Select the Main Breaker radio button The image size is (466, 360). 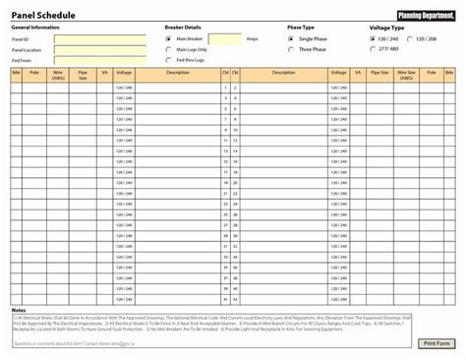[x=168, y=38]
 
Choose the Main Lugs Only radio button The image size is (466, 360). [x=168, y=48]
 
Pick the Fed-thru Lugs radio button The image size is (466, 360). [x=168, y=58]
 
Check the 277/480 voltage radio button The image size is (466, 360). [x=373, y=48]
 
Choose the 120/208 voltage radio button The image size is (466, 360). [x=411, y=38]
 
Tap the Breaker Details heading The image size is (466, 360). [x=184, y=28]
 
